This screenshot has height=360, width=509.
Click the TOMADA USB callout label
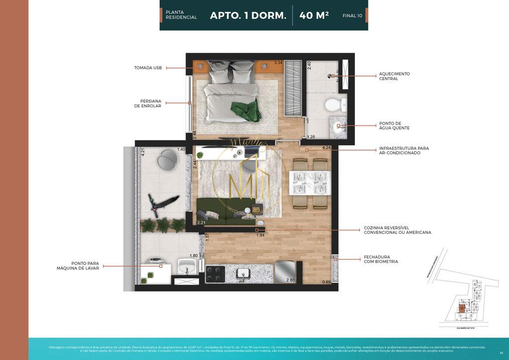(x=148, y=68)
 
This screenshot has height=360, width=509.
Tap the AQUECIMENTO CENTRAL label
(x=394, y=76)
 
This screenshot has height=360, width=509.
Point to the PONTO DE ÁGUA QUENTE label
(x=394, y=126)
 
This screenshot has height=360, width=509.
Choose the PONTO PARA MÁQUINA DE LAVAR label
(x=78, y=266)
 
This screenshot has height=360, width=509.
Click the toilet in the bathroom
(x=332, y=104)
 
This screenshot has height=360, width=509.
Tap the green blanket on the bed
(x=244, y=109)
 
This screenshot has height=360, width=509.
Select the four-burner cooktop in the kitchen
(x=215, y=274)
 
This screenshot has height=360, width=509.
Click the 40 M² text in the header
(x=314, y=15)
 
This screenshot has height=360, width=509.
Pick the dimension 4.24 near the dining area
(x=326, y=148)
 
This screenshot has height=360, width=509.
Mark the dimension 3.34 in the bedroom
(x=278, y=63)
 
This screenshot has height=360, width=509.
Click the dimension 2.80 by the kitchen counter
(x=290, y=280)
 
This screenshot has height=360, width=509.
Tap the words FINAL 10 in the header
(x=352, y=16)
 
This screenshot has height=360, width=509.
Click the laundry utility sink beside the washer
(x=188, y=266)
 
